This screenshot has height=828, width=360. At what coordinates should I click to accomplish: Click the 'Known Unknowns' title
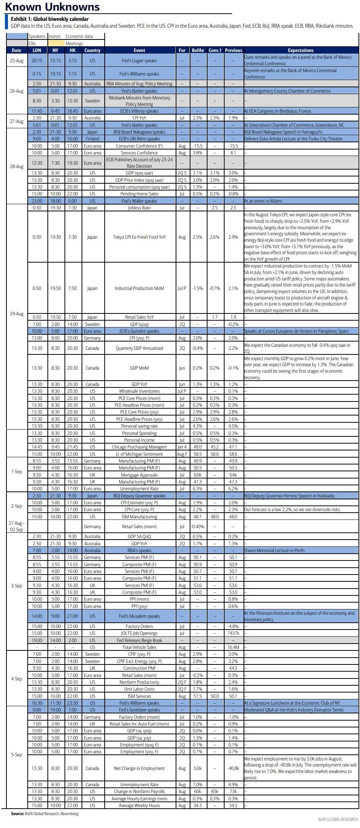(x=52, y=7)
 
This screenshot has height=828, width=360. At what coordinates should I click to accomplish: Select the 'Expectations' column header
(x=300, y=50)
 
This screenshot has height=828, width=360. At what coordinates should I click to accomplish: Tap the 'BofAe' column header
(x=198, y=50)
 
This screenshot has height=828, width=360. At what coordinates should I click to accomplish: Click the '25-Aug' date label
(x=16, y=60)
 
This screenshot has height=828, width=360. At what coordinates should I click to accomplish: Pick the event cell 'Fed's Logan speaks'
(x=139, y=60)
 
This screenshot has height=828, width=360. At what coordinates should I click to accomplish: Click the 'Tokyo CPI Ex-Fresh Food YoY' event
(x=139, y=237)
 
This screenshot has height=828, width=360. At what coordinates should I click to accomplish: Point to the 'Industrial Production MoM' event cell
(x=139, y=288)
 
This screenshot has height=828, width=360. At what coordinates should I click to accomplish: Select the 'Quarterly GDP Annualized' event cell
(x=139, y=348)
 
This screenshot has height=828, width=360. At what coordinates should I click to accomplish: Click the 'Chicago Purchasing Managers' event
(x=139, y=447)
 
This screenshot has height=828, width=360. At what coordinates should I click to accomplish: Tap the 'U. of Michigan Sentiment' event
(x=139, y=454)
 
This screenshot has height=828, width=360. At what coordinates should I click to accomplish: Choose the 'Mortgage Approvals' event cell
(x=139, y=475)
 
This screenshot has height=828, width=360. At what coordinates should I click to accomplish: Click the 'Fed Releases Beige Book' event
(x=139, y=640)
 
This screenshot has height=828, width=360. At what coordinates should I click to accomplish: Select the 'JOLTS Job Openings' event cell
(x=139, y=633)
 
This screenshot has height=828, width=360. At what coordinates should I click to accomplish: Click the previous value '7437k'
(x=233, y=633)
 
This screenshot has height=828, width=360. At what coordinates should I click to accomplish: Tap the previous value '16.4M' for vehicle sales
(x=233, y=647)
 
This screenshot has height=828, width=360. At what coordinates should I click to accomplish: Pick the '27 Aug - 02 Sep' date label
(x=16, y=526)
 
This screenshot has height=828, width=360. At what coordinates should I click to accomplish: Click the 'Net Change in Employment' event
(x=139, y=768)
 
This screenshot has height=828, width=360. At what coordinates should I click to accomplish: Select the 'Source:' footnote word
(x=17, y=814)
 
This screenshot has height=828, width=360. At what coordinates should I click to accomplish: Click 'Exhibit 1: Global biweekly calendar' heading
(x=50, y=19)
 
